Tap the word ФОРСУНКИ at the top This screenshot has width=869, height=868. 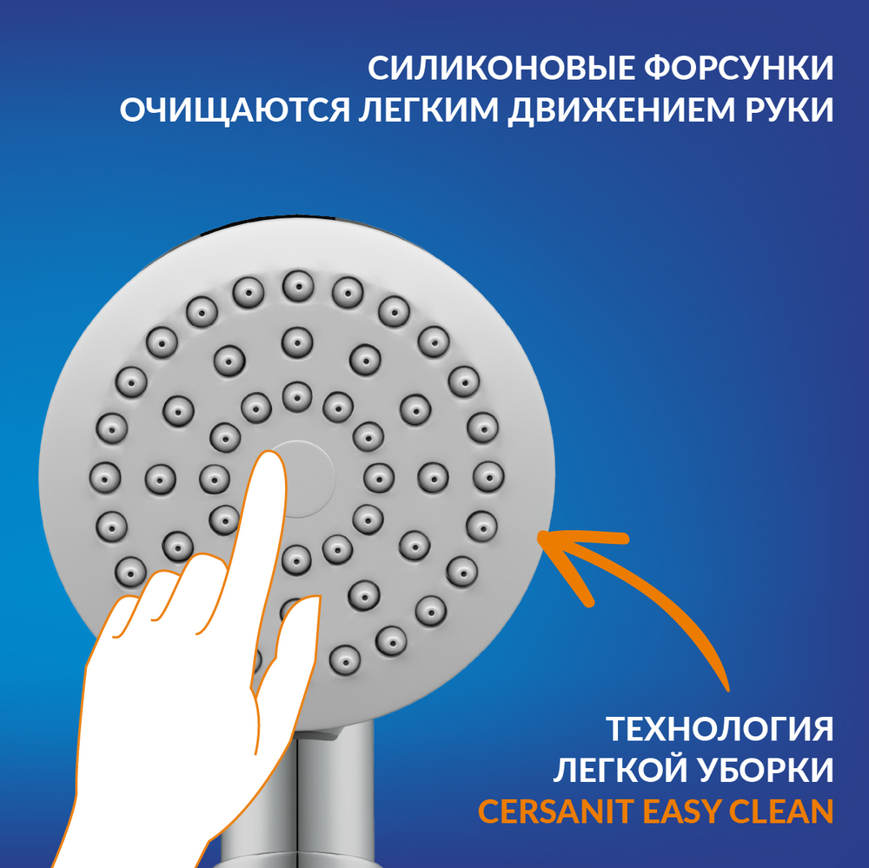pyautogui.click(x=740, y=68)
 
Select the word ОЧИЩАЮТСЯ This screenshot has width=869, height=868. pyautogui.click(x=235, y=109)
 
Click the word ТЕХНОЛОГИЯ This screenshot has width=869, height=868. pyautogui.click(x=720, y=729)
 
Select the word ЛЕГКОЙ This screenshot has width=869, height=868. pyautogui.click(x=619, y=770)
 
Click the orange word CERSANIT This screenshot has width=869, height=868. pyautogui.click(x=556, y=812)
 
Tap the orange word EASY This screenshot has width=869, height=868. pyautogui.click(x=681, y=812)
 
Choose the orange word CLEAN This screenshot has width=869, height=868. pyautogui.click(x=781, y=812)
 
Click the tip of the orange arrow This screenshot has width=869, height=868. pyautogui.click(x=540, y=535)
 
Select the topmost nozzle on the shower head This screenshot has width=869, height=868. pyautogui.click(x=298, y=287)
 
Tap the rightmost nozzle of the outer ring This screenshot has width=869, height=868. pyautogui.click(x=488, y=477)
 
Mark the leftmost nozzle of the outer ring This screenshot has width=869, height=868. pyautogui.click(x=105, y=478)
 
